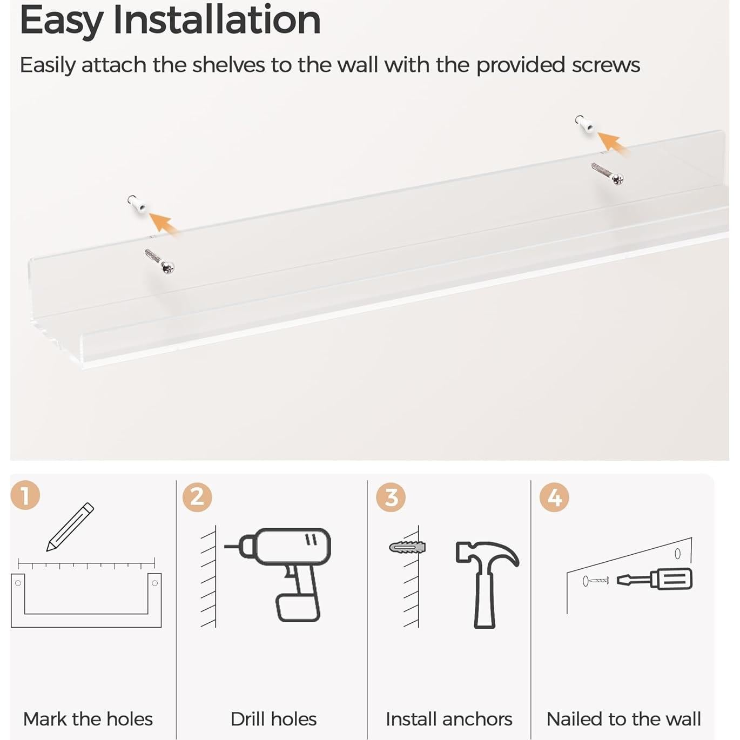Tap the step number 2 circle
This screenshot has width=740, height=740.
click(197, 497)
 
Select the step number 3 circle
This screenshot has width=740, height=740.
click(391, 497)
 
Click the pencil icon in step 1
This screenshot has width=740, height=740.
click(70, 527)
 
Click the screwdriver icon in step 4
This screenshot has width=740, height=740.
click(654, 580)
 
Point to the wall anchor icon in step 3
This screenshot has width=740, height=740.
click(407, 547)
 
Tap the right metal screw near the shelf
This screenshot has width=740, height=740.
click(608, 173)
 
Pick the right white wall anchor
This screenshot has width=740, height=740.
click(585, 124)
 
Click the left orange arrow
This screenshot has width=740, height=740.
click(164, 223)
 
